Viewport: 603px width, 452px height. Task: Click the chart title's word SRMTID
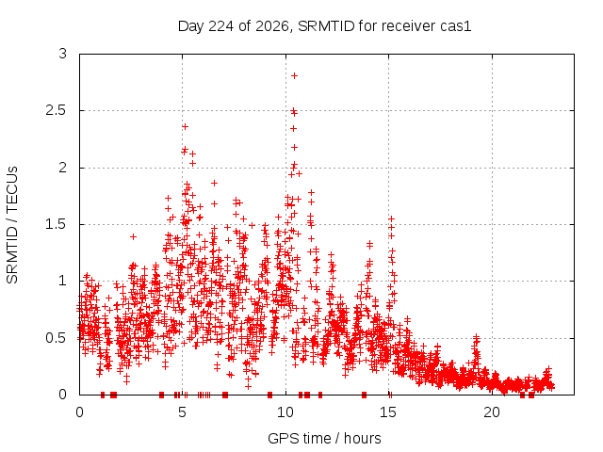pos(326,26)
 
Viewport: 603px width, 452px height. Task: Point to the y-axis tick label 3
pos(63,54)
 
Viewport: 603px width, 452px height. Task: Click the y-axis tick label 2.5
pos(57,111)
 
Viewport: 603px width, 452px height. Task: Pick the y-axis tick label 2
pos(63,168)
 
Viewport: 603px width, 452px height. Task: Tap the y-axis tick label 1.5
pos(57,224)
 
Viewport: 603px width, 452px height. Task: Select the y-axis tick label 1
pos(63,281)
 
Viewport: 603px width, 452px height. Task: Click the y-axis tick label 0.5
pos(57,338)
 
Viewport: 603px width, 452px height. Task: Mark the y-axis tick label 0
pos(63,395)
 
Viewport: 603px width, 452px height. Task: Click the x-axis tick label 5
pos(182,412)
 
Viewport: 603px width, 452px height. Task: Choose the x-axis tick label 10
pos(285,412)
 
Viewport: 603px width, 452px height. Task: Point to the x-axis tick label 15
pos(388,412)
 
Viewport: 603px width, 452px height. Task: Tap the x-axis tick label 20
pos(492,412)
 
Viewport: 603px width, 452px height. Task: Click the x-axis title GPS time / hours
pos(324,438)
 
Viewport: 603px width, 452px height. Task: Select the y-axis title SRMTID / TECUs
pos(12,225)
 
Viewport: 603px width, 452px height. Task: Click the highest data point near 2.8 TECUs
pos(294,75)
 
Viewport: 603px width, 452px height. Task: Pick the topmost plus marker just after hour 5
pos(185,126)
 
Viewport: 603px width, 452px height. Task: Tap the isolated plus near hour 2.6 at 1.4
pos(133,236)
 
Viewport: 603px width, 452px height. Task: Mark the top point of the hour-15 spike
pos(392,218)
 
